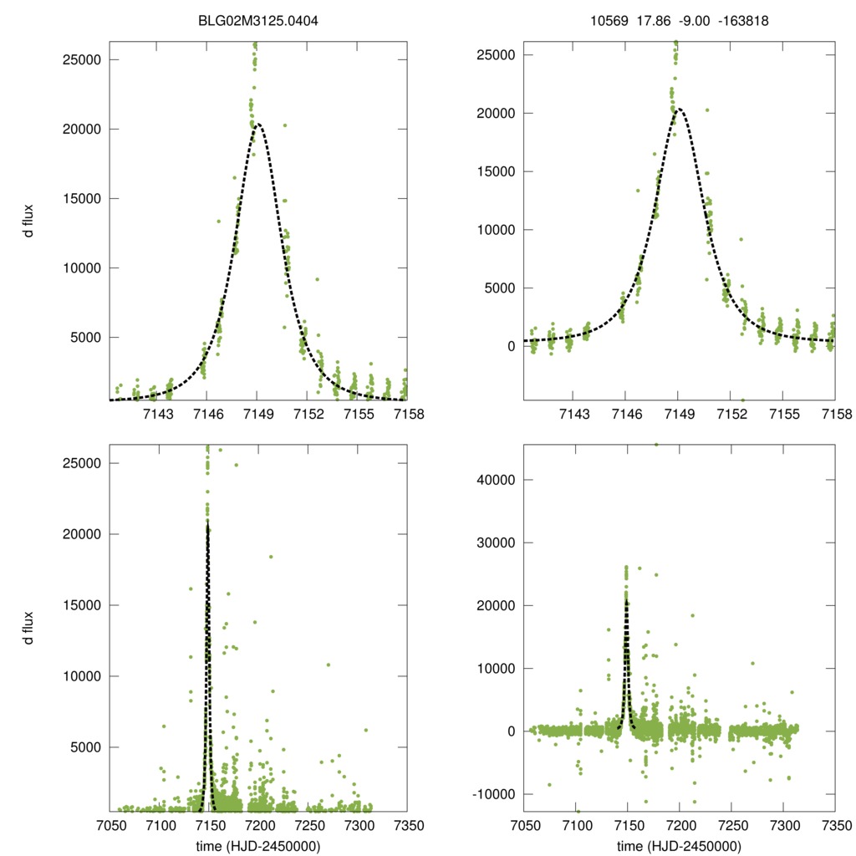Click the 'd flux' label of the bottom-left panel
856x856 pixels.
pyautogui.click(x=28, y=628)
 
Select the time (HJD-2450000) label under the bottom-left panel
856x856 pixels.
pyautogui.click(x=258, y=845)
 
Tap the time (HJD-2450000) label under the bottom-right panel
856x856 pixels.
pyautogui.click(x=679, y=845)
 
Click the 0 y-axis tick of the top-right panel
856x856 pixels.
pyautogui.click(x=510, y=346)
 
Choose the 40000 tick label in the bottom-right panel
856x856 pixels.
pyautogui.click(x=497, y=480)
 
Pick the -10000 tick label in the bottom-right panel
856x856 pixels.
pyautogui.click(x=494, y=794)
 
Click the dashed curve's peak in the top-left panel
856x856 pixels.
pyautogui.click(x=257, y=124)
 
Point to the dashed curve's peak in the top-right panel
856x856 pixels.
pyautogui.click(x=679, y=109)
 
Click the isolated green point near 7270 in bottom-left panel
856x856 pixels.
pyautogui.click(x=329, y=665)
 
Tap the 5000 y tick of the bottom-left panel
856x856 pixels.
pyautogui.click(x=88, y=747)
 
